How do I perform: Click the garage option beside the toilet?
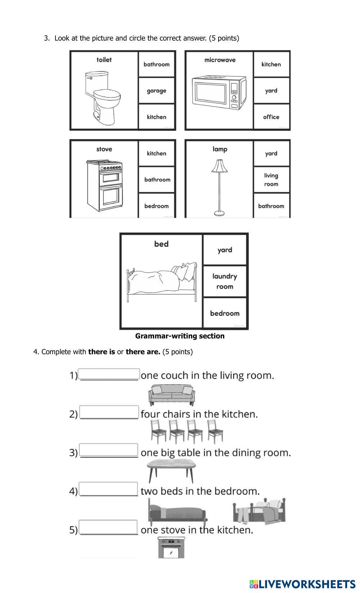157,91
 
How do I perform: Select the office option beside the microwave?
271,117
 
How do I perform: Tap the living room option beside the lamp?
271,180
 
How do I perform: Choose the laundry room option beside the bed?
225,282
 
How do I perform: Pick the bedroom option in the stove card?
157,206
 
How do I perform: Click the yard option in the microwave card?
271,91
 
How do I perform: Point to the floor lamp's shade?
220,166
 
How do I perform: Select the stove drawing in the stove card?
104,185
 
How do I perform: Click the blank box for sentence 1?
109,374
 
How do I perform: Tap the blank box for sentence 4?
108,489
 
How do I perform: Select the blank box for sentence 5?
108,527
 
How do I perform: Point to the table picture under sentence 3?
172,470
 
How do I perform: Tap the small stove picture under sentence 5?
171,547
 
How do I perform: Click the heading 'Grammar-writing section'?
180,336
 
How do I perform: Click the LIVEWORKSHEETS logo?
302,584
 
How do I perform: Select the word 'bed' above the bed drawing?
161,244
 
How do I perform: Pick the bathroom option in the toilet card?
157,64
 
